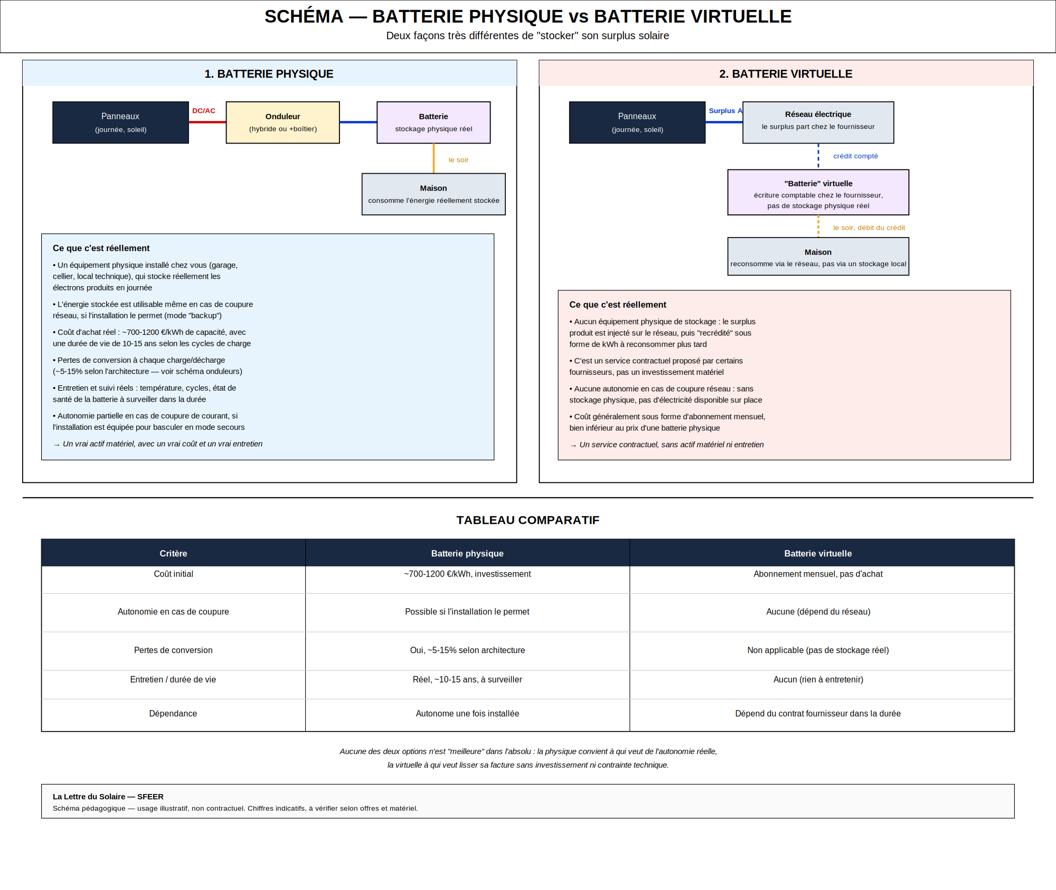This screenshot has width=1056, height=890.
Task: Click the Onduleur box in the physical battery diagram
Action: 282,122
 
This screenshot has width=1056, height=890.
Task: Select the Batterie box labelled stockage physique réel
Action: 433,122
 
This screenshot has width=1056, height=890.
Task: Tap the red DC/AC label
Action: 204,111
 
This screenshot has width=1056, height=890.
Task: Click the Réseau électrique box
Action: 818,122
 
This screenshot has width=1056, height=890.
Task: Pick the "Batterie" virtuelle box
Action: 818,192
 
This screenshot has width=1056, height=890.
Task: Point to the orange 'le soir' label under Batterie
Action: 458,160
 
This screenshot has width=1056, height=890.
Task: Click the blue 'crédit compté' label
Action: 855,156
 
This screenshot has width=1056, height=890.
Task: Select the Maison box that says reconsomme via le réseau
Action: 818,257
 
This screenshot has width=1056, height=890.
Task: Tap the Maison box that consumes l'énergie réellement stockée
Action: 433,194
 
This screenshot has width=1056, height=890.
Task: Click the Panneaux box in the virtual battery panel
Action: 637,122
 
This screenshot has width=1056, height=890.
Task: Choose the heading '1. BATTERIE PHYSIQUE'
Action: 269,74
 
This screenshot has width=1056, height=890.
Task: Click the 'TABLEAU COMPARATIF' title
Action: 528,520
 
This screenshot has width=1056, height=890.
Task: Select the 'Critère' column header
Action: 173,554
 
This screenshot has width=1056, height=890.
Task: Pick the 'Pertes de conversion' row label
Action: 173,650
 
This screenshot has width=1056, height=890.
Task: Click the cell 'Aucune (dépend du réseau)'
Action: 818,612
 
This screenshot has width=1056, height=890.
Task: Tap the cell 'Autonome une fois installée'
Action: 467,714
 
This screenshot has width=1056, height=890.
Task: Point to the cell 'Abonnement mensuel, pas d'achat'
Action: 818,574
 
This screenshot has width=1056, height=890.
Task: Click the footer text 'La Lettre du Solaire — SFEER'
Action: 108,797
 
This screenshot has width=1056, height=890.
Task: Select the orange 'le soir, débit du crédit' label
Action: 869,228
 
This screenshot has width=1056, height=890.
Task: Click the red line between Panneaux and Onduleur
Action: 208,122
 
